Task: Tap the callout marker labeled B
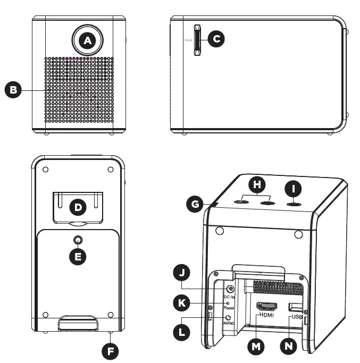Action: [x=13, y=90]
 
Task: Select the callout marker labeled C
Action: [x=216, y=39]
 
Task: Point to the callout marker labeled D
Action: [x=78, y=208]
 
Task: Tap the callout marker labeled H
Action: [x=258, y=185]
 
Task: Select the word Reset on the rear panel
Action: [x=229, y=308]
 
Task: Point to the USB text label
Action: [x=297, y=317]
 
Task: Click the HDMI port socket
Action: [x=266, y=306]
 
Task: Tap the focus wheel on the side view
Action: [x=197, y=39]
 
